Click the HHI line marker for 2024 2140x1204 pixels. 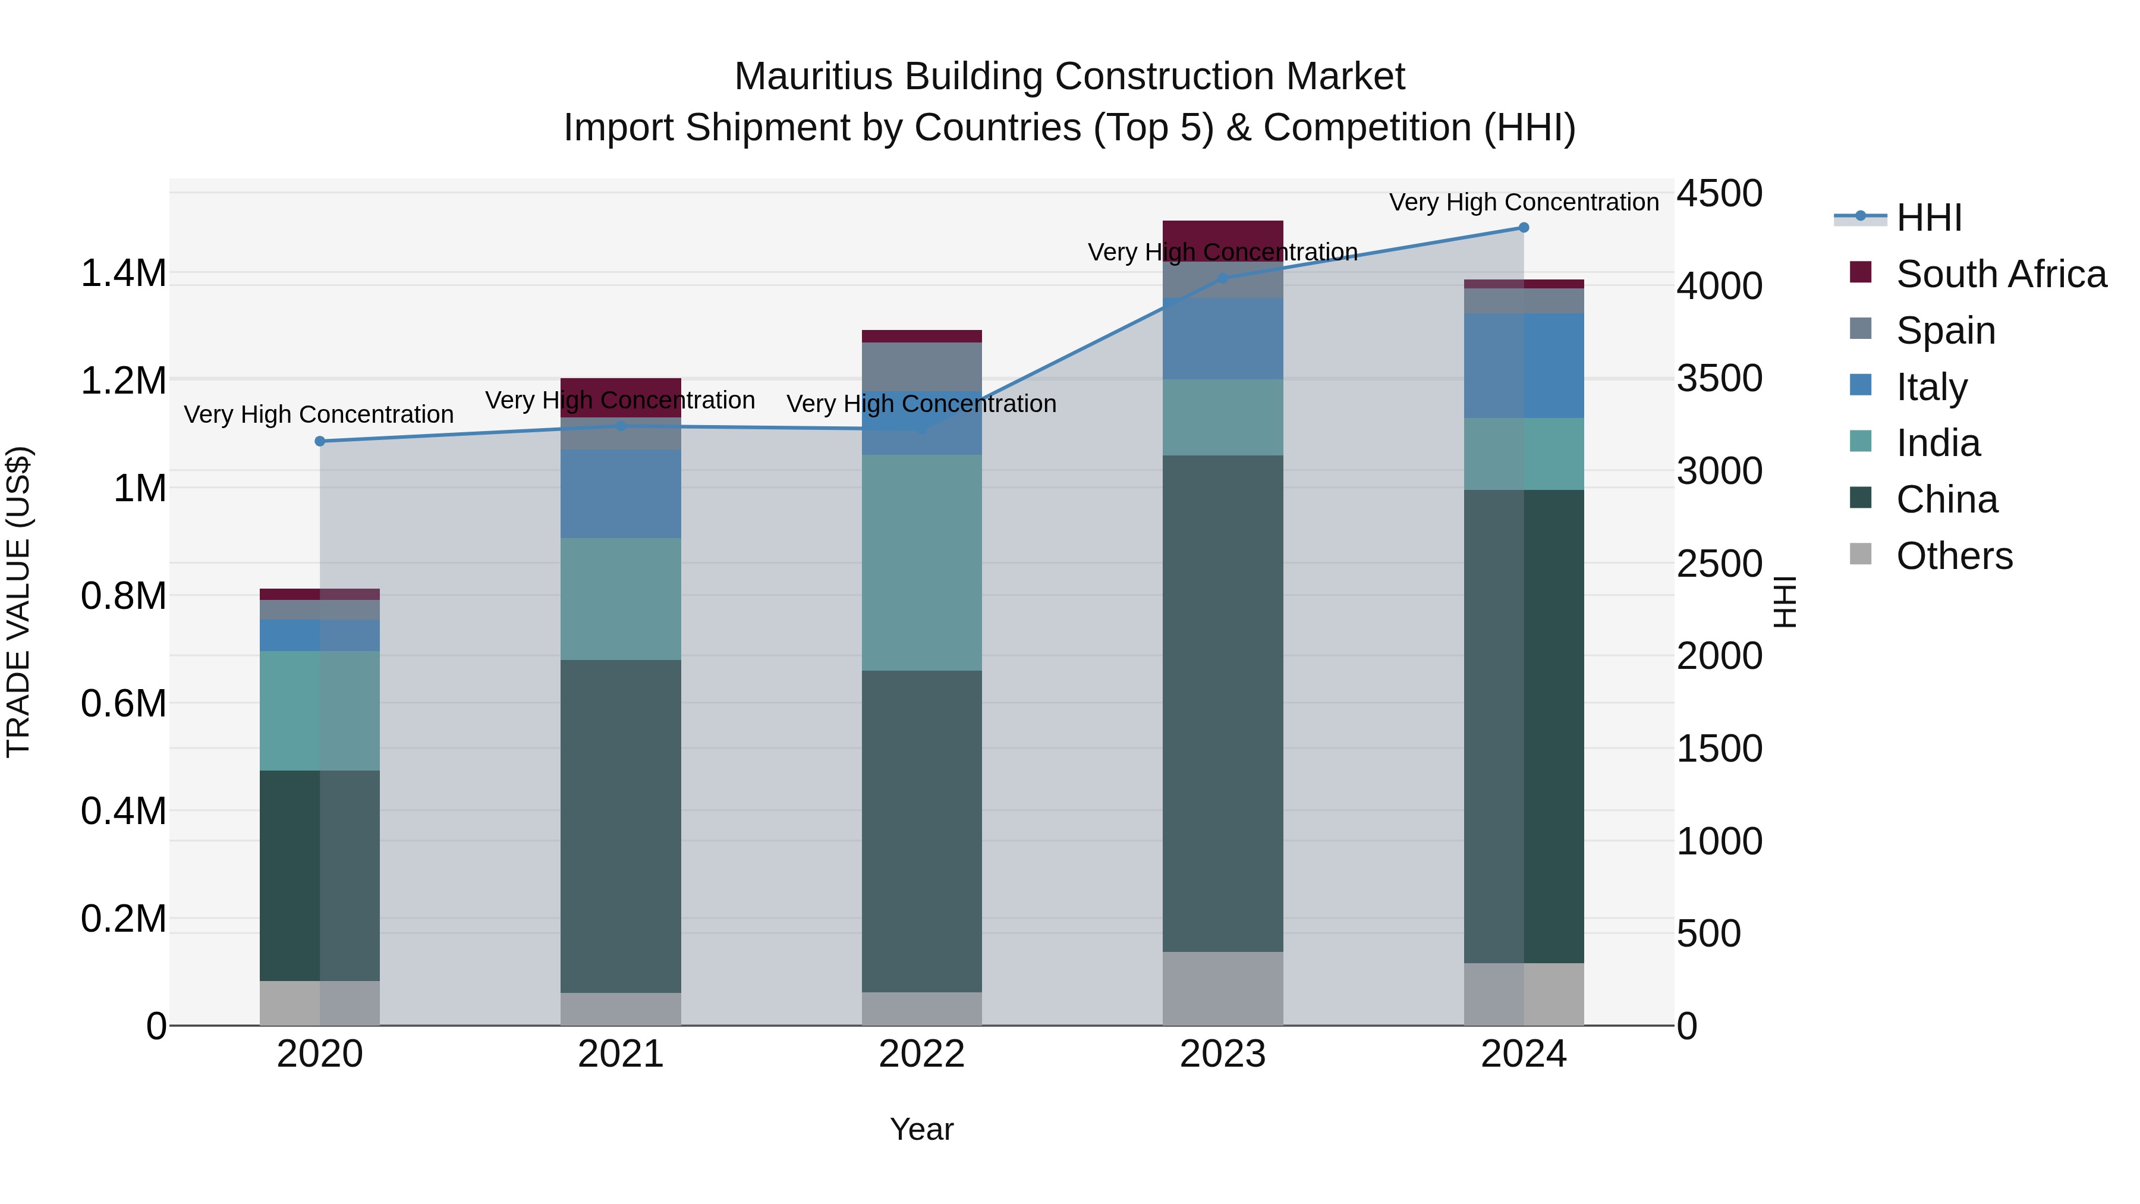coord(1523,228)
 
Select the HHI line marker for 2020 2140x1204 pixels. coord(320,441)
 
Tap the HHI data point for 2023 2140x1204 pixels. coord(1222,278)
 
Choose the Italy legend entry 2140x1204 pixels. coord(1931,387)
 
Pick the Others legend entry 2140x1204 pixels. coord(1954,556)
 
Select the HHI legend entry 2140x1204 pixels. coord(1929,218)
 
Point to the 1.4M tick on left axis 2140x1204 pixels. coord(123,274)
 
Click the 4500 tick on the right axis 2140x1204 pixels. coord(1719,194)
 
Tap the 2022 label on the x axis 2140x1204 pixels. coord(921,1054)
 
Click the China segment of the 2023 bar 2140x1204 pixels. coord(1222,702)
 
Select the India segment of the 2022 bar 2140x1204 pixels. coord(921,562)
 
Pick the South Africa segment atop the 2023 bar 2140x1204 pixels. coord(1222,232)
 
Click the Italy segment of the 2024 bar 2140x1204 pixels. coord(1523,366)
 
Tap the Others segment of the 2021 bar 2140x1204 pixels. coord(621,1009)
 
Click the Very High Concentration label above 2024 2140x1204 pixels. coord(1523,202)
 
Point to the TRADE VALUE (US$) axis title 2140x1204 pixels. coord(18,602)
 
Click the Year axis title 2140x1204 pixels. coord(921,1129)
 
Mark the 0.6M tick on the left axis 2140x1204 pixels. coord(123,704)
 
